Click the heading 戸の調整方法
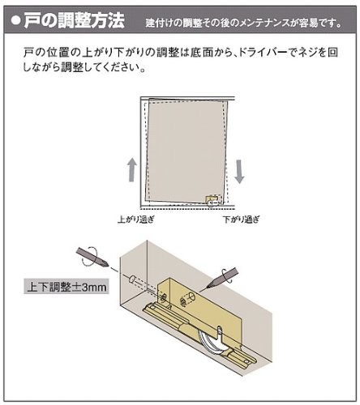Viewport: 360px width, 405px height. pos(75,20)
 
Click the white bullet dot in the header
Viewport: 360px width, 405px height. pos(15,21)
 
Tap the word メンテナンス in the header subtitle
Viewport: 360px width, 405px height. pos(265,23)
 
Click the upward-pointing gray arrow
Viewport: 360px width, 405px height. pos(132,169)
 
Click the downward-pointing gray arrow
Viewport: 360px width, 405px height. pos(239,172)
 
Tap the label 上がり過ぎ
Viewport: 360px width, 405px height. pos(136,220)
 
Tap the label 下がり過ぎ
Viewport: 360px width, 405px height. pos(242,220)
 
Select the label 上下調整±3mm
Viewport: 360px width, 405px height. pos(66,287)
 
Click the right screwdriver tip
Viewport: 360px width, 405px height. pos(208,286)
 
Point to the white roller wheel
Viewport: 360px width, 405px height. pos(211,341)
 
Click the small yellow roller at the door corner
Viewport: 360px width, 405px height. pos(212,200)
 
